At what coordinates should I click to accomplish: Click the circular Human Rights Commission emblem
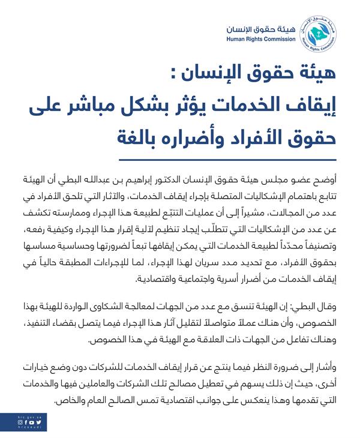click(322, 35)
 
